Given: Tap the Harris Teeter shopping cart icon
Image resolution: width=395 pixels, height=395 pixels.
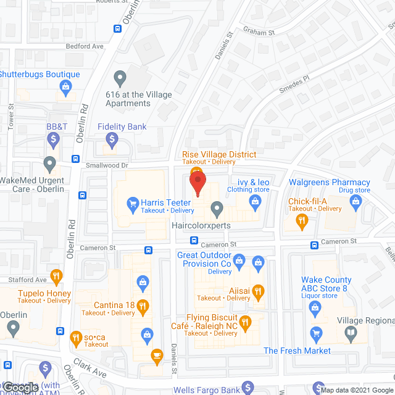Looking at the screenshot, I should [x=131, y=202].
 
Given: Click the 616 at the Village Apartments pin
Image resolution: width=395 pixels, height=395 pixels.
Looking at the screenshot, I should [x=120, y=78].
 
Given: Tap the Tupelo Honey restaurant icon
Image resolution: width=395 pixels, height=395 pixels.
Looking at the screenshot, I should [x=56, y=275].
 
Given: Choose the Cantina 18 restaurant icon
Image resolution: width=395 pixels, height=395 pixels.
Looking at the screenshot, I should [x=143, y=305].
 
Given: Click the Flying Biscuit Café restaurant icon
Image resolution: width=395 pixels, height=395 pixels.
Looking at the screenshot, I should [x=246, y=320].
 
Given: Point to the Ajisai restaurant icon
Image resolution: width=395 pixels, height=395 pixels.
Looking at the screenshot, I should [x=258, y=290].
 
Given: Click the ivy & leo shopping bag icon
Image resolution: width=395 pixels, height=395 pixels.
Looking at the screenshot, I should [x=254, y=202].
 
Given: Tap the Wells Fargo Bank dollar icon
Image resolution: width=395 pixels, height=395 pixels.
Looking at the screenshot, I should [x=247, y=388].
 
